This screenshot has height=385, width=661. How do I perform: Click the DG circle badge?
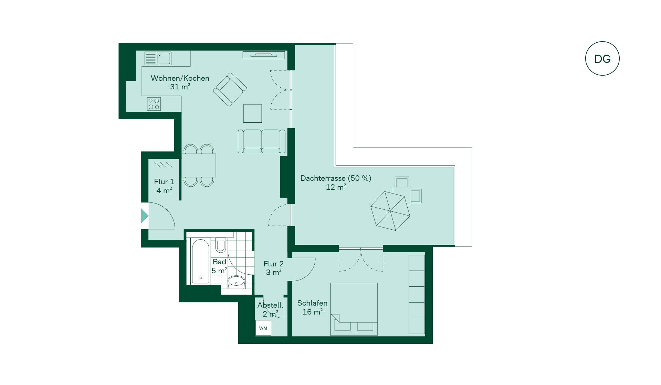[602, 58]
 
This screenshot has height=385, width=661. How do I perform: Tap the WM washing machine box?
[263, 328]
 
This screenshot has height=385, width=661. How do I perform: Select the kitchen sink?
[158, 58]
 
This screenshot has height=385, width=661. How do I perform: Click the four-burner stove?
[154, 104]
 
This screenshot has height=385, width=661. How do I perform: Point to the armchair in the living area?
[230, 89]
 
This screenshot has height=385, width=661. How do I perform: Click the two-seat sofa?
[262, 141]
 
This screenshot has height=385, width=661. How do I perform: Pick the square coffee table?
[252, 113]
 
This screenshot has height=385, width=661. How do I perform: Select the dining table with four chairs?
[199, 165]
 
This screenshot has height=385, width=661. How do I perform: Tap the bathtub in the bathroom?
[200, 262]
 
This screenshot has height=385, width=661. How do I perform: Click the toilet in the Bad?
[221, 245]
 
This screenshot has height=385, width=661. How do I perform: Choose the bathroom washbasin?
[236, 282]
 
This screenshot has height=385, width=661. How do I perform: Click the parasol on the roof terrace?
[390, 211]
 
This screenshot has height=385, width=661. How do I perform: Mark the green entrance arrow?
[145, 216]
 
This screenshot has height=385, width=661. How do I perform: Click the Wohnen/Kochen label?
[180, 78]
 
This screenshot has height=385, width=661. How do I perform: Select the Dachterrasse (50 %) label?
[336, 178]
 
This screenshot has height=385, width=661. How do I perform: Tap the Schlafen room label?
[312, 303]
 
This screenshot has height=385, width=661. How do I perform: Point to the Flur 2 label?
[273, 264]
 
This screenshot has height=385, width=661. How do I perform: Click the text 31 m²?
[180, 87]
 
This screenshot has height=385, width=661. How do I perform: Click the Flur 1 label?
[164, 181]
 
